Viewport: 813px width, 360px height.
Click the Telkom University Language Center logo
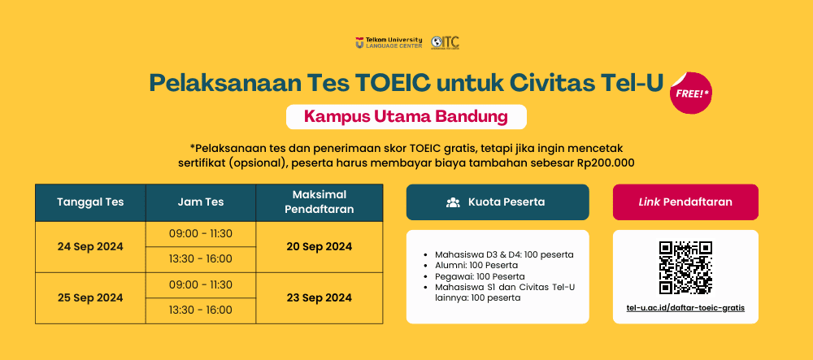[x=389, y=42]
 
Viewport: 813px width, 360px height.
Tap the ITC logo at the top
[x=445, y=42]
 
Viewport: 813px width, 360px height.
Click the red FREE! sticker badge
[x=690, y=93]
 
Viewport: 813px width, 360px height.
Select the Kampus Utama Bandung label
[x=406, y=116]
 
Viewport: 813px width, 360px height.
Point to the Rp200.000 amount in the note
[x=606, y=163]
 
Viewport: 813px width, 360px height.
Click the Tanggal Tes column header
[x=91, y=202]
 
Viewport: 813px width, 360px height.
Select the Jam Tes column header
[x=201, y=202]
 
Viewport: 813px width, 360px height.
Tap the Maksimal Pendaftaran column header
[x=320, y=202]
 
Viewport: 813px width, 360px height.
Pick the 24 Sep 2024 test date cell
[x=91, y=247]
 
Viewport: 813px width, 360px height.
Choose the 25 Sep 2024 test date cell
[x=91, y=298]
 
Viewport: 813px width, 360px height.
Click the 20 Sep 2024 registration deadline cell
[x=320, y=247]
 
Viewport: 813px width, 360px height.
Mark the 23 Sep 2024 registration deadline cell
[x=320, y=298]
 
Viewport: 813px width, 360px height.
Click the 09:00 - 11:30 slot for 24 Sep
[x=201, y=234]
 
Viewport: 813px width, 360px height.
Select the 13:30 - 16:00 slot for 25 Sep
[x=201, y=310]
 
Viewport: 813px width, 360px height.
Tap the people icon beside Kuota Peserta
[x=453, y=202]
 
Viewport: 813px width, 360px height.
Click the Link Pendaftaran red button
[x=685, y=202]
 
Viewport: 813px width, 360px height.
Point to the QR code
[x=685, y=267]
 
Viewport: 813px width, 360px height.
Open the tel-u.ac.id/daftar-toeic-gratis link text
[x=685, y=308]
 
